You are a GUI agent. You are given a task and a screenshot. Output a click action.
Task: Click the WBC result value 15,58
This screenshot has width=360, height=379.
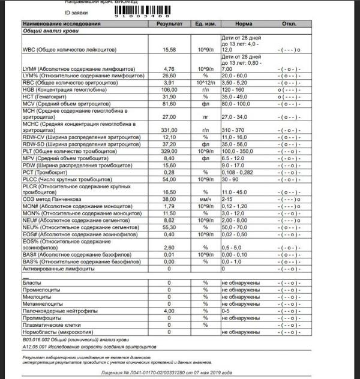[x=169, y=50]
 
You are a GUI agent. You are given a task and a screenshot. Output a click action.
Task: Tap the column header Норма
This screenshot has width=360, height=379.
[x=244, y=23]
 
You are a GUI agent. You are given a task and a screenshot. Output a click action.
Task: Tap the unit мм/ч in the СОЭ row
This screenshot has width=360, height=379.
[x=205, y=198]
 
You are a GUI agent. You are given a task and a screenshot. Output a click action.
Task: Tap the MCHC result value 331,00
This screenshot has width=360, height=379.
[x=169, y=130]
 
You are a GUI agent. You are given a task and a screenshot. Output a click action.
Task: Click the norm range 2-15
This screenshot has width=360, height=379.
[x=229, y=198]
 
